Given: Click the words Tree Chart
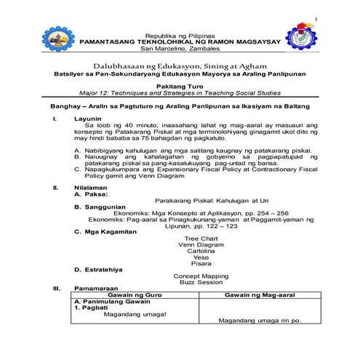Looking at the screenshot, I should [x=201, y=239].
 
